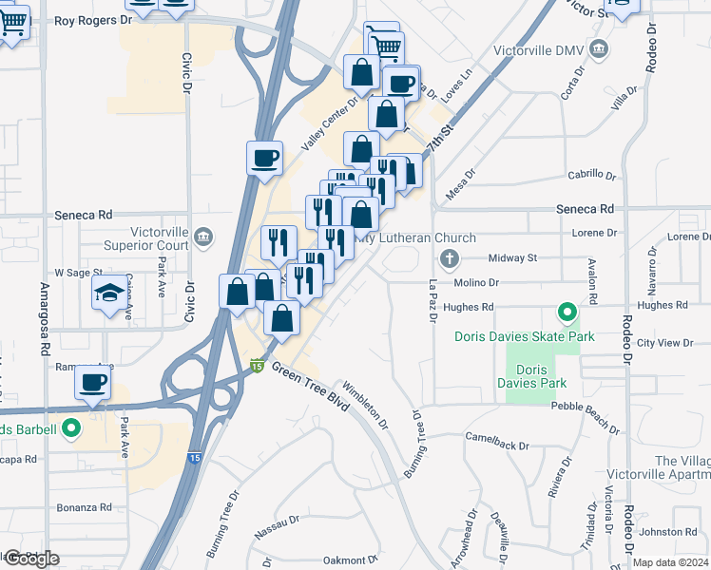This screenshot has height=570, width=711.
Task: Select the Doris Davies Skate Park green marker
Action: pos(567,311)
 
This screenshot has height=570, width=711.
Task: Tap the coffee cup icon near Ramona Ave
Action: pos(93,382)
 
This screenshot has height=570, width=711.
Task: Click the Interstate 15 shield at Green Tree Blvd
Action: pos(257,365)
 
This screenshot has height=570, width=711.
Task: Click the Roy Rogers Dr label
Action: pos(92,20)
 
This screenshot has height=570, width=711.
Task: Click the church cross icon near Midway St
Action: pos(450,257)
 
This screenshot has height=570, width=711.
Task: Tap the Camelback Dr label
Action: pos(497,437)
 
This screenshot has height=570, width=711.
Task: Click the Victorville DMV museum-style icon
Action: pos(599,47)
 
